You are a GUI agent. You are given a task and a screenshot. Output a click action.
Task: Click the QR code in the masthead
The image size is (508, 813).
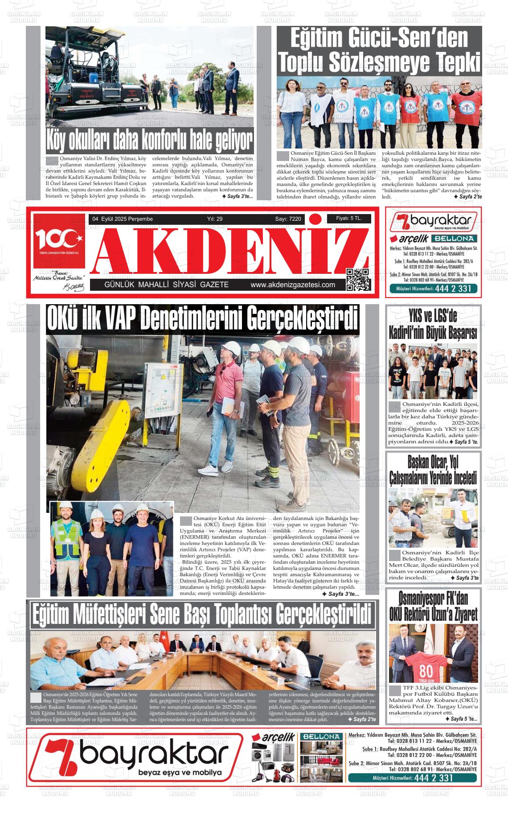pos(358,280)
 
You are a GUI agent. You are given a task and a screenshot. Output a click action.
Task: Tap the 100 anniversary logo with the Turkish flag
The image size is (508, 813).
pos(59,240)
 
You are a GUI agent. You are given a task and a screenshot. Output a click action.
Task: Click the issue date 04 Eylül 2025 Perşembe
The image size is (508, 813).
pos(122,219)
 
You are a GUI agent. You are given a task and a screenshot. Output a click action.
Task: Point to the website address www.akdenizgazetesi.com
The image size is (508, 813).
pos(293,285)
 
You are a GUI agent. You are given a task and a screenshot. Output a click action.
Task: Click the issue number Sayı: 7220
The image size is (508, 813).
pos(288,219)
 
